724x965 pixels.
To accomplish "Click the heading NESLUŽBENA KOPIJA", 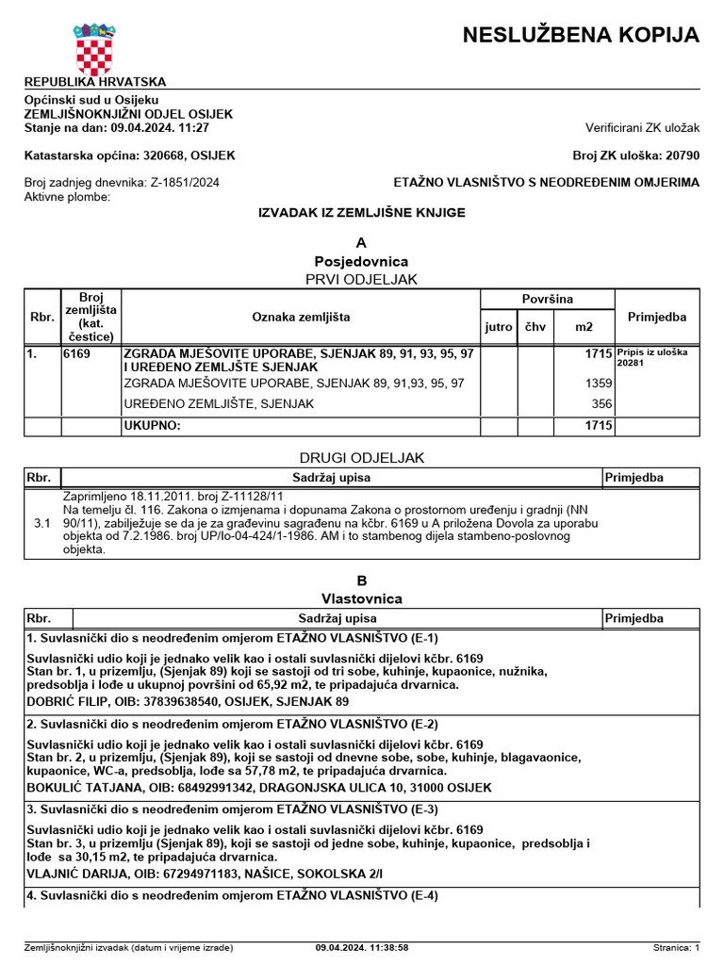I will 581,36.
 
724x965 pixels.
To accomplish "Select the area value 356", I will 601,404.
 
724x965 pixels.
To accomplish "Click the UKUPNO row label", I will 153,426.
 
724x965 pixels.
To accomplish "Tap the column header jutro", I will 499,327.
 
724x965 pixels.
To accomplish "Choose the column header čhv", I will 535,327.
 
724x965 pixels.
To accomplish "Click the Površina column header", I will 547,299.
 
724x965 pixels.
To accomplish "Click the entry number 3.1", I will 41,521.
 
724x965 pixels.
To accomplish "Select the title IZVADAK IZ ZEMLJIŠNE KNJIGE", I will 362,213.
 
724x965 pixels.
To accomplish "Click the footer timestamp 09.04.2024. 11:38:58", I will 362,947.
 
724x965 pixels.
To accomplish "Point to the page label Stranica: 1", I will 676,947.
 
